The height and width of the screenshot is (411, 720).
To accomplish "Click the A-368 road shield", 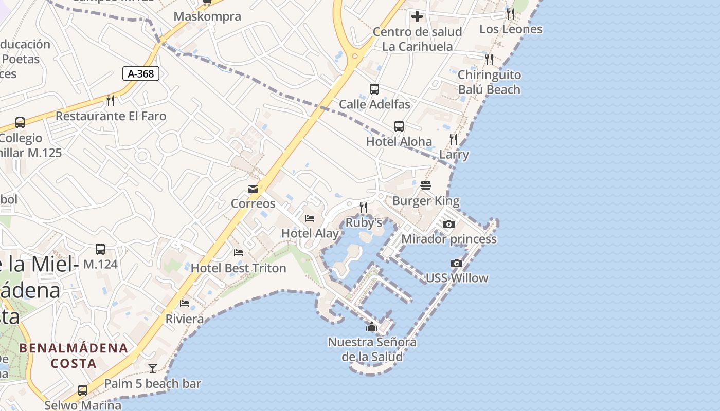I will [x=141, y=73].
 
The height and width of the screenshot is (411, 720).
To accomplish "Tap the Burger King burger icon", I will [x=426, y=185].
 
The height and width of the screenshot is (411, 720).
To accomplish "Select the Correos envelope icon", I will [x=253, y=189].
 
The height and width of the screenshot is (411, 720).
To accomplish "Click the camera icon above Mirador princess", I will [x=449, y=224].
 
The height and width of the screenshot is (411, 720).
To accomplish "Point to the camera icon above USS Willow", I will [x=456, y=263].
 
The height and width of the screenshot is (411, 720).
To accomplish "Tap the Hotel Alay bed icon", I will [x=310, y=218].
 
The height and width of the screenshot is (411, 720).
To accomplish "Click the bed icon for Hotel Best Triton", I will [x=239, y=253].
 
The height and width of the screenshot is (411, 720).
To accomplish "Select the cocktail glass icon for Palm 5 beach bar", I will [x=153, y=368].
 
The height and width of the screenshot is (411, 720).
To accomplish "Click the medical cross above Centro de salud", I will [x=417, y=16].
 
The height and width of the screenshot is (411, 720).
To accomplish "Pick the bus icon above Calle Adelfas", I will [x=374, y=89].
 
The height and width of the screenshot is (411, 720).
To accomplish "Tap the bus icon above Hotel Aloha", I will [x=399, y=126].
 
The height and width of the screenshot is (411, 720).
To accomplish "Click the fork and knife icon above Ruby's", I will [x=364, y=207].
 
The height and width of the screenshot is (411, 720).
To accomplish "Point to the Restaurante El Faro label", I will [x=111, y=116].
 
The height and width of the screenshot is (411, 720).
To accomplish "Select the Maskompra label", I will [x=207, y=16].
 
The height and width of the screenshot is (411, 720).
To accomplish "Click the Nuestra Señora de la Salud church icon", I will [x=371, y=327].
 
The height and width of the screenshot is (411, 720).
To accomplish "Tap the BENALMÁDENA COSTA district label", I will [x=73, y=356].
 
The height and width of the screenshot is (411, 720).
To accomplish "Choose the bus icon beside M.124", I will [x=100, y=249].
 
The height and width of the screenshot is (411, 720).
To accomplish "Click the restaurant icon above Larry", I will [x=454, y=139].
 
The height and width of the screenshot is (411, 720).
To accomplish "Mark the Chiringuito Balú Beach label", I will [x=489, y=82].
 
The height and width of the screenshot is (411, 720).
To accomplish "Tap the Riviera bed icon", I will [x=185, y=304].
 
